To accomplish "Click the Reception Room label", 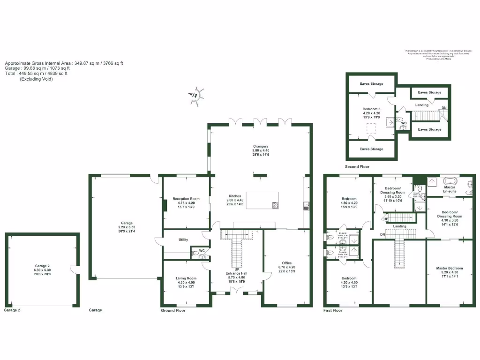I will point(186,199).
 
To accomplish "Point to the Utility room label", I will point(183,240).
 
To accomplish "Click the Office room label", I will point(286,263).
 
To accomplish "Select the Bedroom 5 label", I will point(371,109).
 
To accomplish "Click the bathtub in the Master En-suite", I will point(449,180).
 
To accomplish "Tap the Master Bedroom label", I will point(449,268).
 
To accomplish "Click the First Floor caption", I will point(333,310).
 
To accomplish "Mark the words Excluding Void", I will point(36,79).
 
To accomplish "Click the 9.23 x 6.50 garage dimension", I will point(127,227).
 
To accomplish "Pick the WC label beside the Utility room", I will point(202,251).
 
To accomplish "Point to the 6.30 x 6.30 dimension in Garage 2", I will point(42,270).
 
